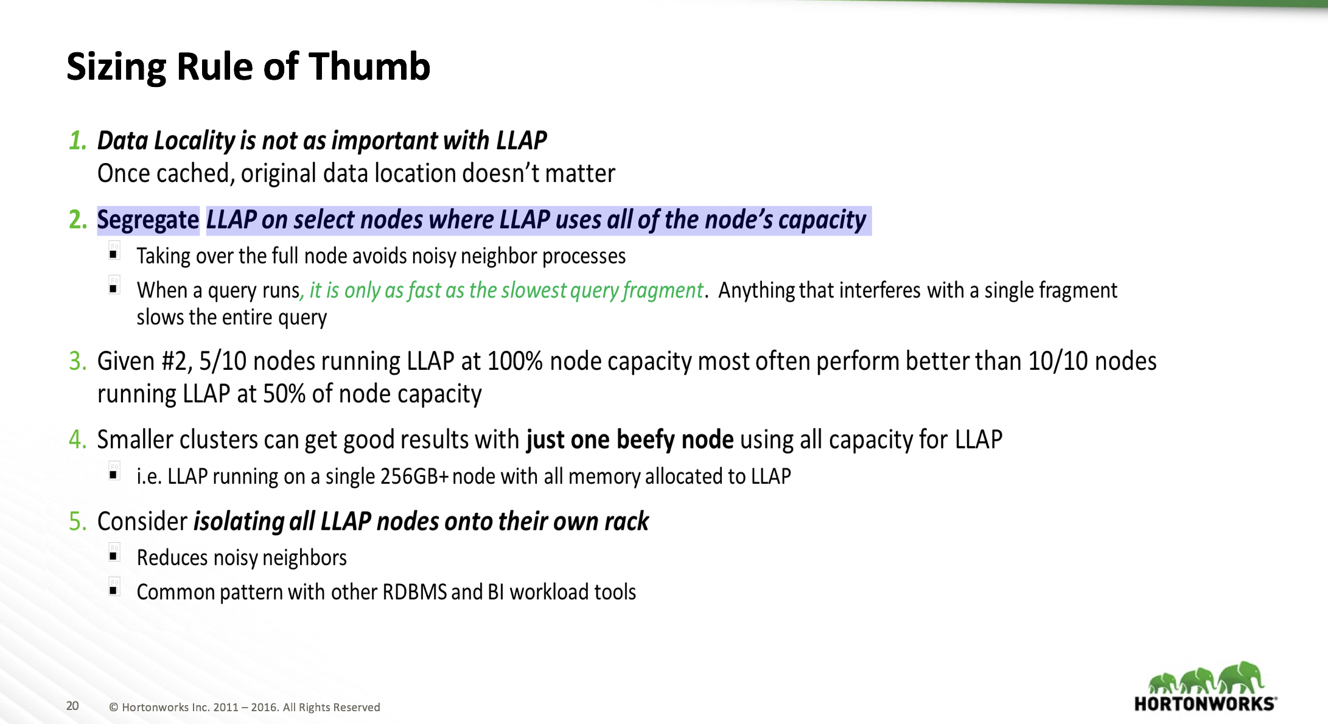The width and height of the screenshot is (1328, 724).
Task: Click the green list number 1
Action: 77,141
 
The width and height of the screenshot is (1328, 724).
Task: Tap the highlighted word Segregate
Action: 148,220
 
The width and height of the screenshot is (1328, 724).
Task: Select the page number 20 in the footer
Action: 72,706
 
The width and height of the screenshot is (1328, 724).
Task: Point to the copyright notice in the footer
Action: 244,707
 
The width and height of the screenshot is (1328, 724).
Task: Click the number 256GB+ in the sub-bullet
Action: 414,476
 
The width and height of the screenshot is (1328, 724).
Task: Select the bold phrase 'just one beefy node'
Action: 629,439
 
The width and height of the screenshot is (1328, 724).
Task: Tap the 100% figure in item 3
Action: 514,361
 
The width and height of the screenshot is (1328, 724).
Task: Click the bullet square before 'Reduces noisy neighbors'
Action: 113,555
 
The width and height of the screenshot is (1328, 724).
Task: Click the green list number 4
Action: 77,439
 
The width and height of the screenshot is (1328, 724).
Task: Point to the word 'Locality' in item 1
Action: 194,141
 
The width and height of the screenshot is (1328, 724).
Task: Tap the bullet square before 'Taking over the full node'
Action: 113,254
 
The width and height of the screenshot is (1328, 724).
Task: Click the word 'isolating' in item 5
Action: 239,521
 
